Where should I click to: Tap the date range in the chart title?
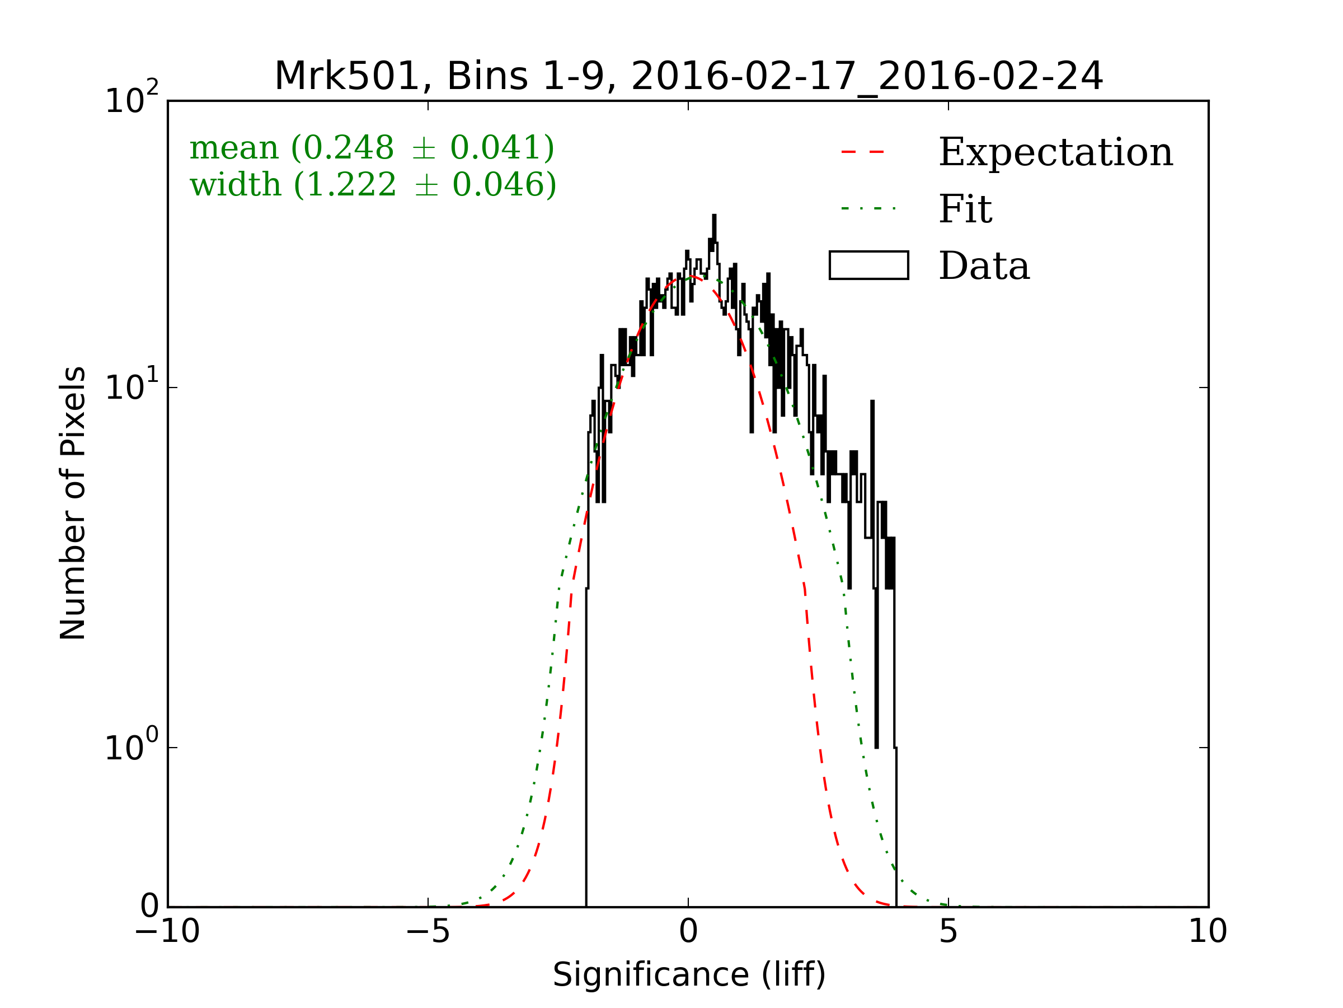pyautogui.click(x=867, y=77)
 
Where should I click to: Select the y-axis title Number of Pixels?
pyautogui.click(x=73, y=503)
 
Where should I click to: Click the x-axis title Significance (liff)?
pyautogui.click(x=689, y=975)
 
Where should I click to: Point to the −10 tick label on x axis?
pyautogui.click(x=167, y=931)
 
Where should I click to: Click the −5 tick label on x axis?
pyautogui.click(x=428, y=931)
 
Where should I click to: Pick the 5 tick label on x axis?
pyautogui.click(x=948, y=931)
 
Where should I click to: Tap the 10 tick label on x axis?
pyautogui.click(x=1208, y=931)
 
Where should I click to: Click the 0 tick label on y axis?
pyautogui.click(x=149, y=907)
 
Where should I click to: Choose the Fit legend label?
pyautogui.click(x=965, y=209)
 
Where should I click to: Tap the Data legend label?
pyautogui.click(x=984, y=266)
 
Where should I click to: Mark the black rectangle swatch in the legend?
pyautogui.click(x=869, y=265)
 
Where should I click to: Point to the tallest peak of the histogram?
pyautogui.click(x=714, y=216)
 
